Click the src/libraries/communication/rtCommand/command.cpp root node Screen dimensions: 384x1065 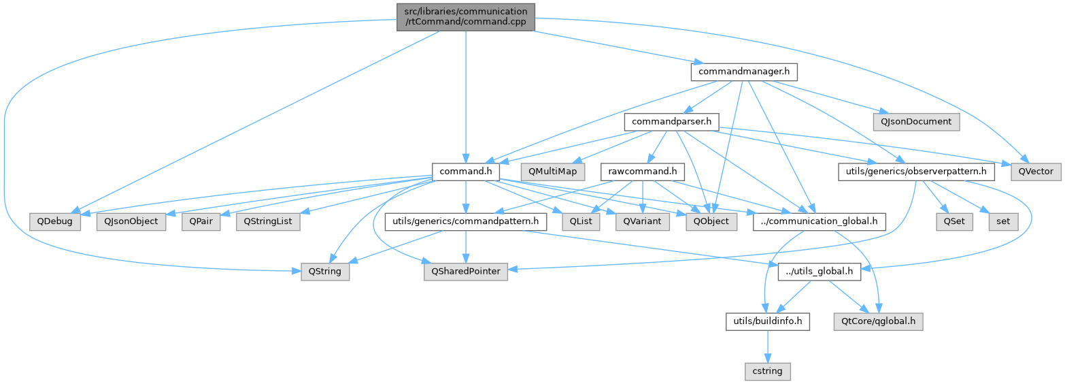coord(465,16)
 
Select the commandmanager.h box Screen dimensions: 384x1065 coord(744,71)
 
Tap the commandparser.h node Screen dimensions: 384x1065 coord(672,122)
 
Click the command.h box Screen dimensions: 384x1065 coord(466,172)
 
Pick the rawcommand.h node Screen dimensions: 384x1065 coord(641,172)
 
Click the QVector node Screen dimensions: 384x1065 coord(1036,172)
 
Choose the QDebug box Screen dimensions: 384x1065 coord(55,221)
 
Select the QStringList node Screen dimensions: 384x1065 coord(268,221)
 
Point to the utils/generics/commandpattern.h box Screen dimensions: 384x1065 coord(465,221)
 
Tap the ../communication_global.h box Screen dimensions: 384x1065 coord(819,221)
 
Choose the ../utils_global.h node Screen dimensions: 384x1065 coord(819,271)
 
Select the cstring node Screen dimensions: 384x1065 coord(767,371)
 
